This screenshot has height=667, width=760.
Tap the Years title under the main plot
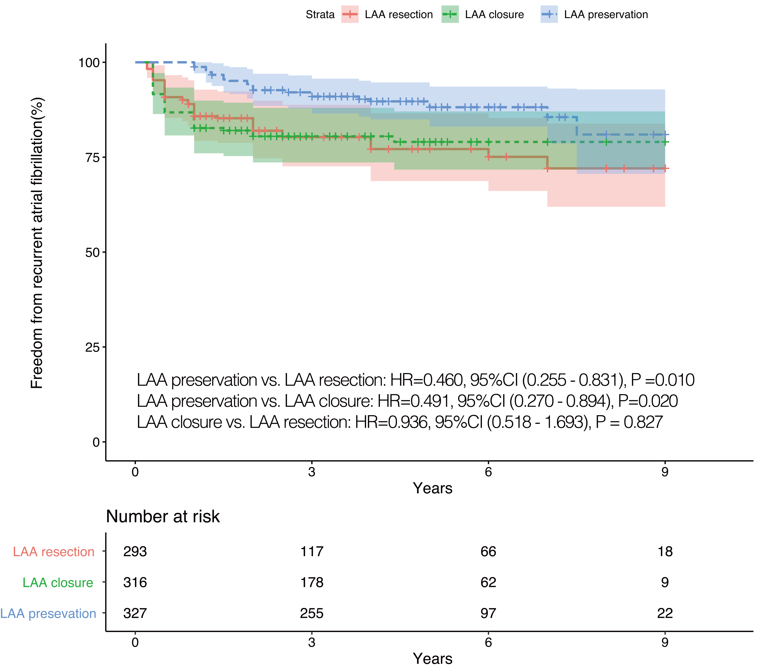(x=432, y=488)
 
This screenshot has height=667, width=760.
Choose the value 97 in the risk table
(x=488, y=613)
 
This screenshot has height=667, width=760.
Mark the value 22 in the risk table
(x=665, y=613)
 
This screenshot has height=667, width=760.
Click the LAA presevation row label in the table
(x=48, y=613)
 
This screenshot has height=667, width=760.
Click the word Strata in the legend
(x=320, y=14)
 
